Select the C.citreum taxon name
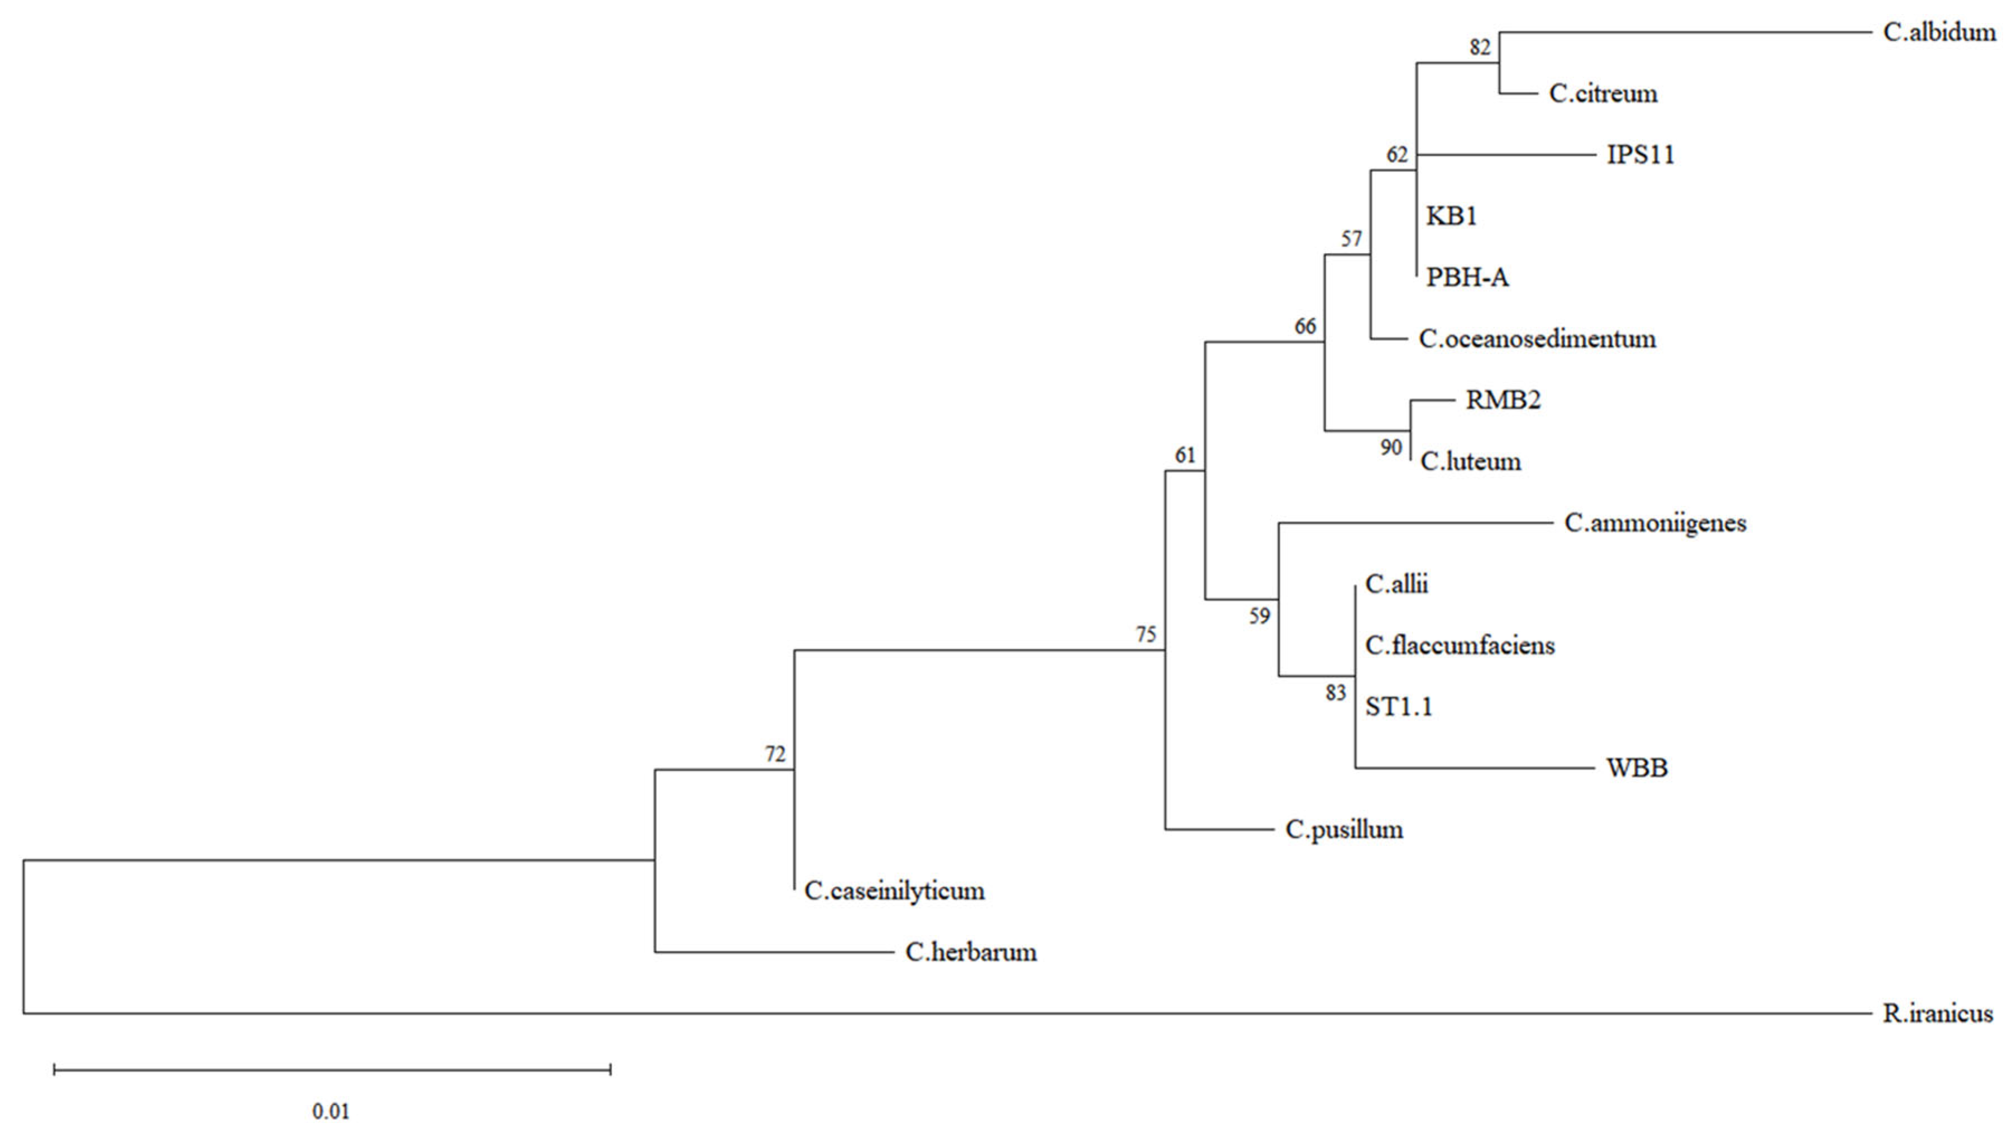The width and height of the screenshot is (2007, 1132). coord(1603,93)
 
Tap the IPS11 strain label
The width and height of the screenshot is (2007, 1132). coord(1640,155)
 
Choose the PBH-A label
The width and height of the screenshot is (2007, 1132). coord(1467,277)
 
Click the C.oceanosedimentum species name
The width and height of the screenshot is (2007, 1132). coord(1537,339)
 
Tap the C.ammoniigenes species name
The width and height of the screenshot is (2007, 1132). coord(1655,523)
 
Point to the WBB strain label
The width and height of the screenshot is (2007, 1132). coord(1637,768)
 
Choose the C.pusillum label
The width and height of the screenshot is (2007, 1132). coord(1344,829)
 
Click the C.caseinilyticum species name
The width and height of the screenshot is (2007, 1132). coord(894,891)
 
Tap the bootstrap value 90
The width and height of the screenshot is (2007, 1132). coord(1391,447)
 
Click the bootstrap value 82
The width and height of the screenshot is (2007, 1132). coord(1480,47)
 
